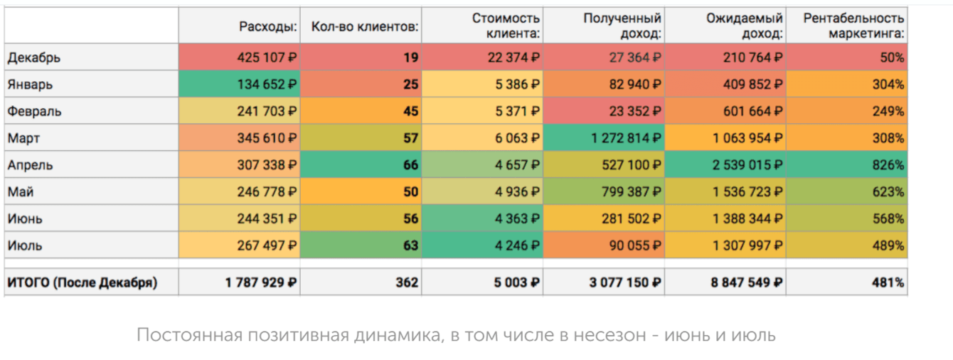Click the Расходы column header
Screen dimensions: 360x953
(267, 26)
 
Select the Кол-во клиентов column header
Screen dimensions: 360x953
(365, 26)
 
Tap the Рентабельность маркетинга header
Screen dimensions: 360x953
(853, 25)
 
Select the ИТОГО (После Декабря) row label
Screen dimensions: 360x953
(82, 282)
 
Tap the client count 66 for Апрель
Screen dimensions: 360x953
(410, 165)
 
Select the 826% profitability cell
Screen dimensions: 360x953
(890, 165)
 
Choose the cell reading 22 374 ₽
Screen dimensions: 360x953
(512, 58)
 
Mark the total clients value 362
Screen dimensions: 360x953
(407, 282)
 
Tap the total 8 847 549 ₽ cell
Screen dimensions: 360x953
(747, 282)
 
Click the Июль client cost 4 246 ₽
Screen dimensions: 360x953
(516, 245)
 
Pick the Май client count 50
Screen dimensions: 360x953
(410, 191)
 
